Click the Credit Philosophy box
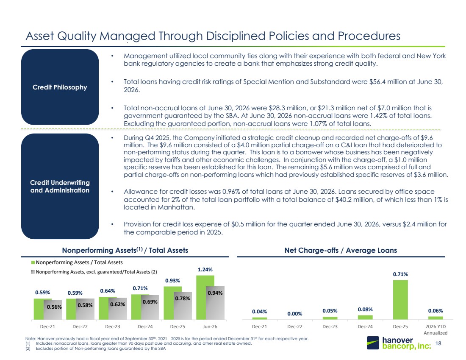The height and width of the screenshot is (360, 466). click(x=60, y=87)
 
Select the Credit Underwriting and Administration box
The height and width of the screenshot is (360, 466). click(x=60, y=186)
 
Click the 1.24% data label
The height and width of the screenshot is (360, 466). click(x=205, y=270)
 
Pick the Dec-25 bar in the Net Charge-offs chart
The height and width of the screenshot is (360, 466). click(x=400, y=300)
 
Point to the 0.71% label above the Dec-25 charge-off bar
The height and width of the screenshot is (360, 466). click(x=400, y=274)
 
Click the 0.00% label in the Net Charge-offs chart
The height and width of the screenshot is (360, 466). click(x=294, y=314)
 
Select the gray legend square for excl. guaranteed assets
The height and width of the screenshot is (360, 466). click(x=33, y=272)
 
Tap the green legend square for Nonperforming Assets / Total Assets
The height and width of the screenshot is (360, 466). click(x=33, y=262)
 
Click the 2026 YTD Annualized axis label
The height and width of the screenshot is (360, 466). click(x=435, y=329)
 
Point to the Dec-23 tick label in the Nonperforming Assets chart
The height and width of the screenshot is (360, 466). click(x=113, y=327)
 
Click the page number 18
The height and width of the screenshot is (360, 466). click(x=438, y=343)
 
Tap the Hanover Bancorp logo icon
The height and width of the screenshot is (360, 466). click(x=373, y=343)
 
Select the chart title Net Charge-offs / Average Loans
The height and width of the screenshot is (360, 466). click(x=341, y=250)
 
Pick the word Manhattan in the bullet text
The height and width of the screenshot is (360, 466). click(x=176, y=207)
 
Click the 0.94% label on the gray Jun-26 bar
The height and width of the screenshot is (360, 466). click(x=215, y=293)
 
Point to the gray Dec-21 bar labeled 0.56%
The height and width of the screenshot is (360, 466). click(x=53, y=310)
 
